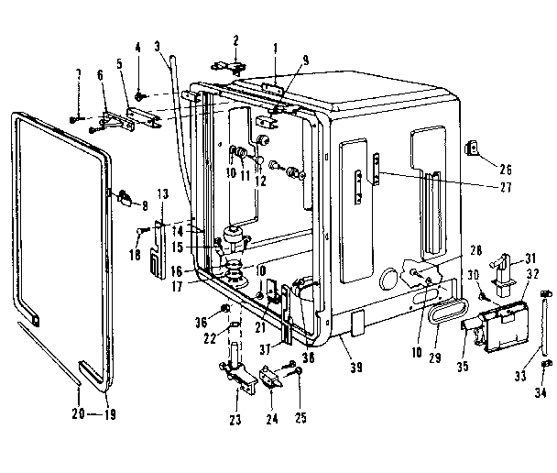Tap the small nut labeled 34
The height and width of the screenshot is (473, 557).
click(x=544, y=364)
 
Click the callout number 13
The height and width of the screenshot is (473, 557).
click(x=163, y=194)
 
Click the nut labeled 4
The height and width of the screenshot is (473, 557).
click(x=139, y=94)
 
